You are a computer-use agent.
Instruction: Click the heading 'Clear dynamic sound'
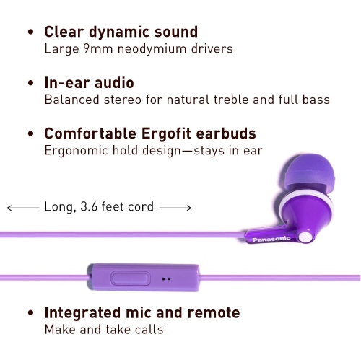pyautogui.click(x=121, y=32)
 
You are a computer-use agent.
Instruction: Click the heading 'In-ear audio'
pyautogui.click(x=90, y=82)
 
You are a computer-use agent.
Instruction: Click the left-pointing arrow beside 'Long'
pyautogui.click(x=22, y=208)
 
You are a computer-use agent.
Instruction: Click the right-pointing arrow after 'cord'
pyautogui.click(x=175, y=208)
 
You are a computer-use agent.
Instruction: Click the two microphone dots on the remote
pyautogui.click(x=166, y=278)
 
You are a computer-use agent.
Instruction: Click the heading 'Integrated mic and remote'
pyautogui.click(x=142, y=312)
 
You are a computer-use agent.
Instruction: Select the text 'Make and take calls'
pyautogui.click(x=104, y=330)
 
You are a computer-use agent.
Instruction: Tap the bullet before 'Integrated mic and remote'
pyautogui.click(x=30, y=314)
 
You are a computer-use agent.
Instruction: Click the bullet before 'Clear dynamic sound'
pyautogui.click(x=30, y=32)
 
